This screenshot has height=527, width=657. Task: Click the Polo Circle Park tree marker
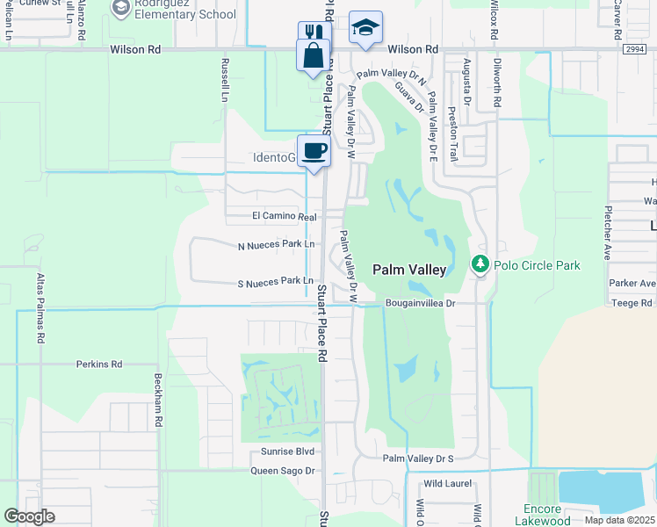tap(480, 263)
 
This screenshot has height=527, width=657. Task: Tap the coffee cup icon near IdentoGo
tap(314, 150)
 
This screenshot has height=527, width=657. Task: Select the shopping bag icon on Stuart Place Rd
tap(314, 55)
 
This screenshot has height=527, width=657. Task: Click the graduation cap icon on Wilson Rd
tap(365, 28)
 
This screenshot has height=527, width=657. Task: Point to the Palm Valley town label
tap(409, 270)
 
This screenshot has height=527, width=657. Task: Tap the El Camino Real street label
tap(284, 216)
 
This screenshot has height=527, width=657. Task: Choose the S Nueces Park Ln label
tap(276, 282)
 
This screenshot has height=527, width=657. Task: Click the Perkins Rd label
tap(98, 364)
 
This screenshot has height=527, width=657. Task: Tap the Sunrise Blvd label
tap(263, 451)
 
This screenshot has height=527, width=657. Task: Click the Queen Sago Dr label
tap(282, 471)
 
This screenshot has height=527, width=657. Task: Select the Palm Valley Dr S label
tap(418, 458)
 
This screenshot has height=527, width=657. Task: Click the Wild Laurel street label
tap(448, 483)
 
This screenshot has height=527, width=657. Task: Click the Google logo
tap(30, 516)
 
